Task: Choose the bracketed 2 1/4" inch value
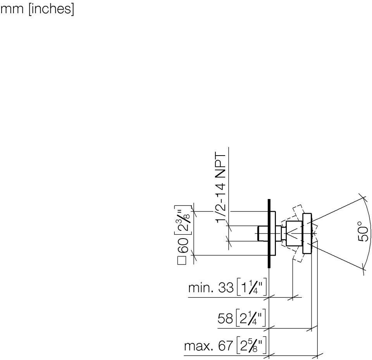coord(251,319)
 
